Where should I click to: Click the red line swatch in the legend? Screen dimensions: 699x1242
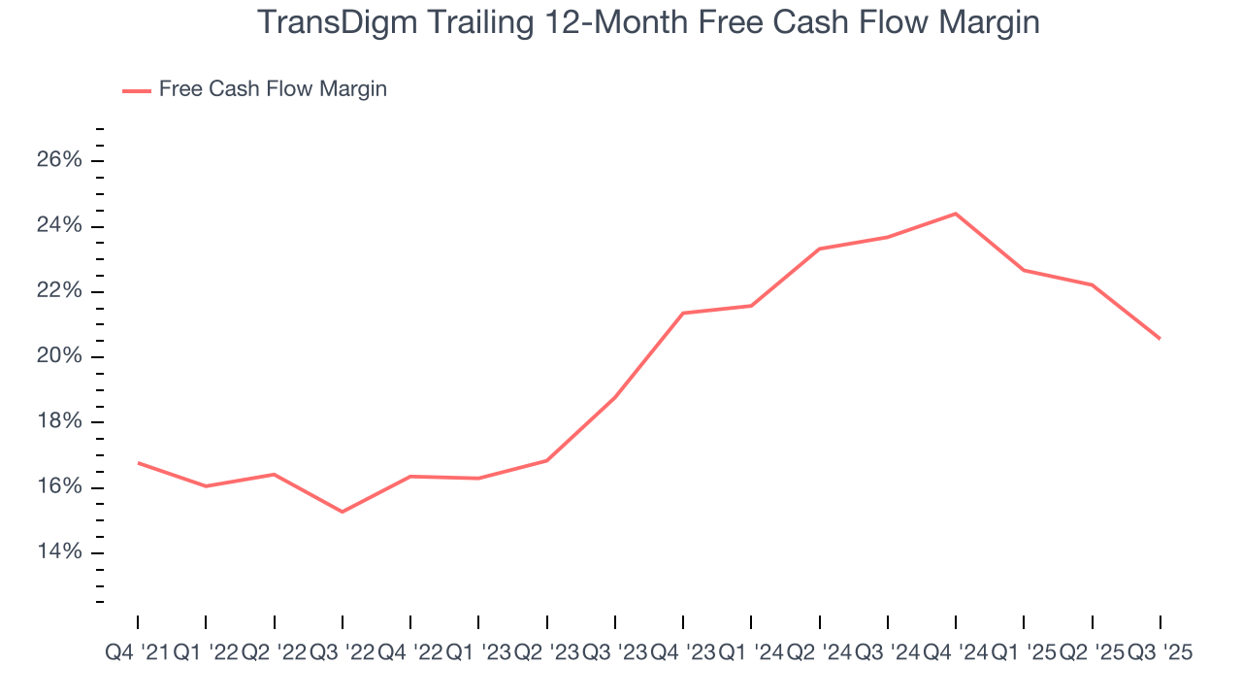pyautogui.click(x=137, y=90)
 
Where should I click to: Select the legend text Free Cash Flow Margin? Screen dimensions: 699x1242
pyautogui.click(x=273, y=89)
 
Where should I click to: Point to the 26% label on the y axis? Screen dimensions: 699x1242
pyautogui.click(x=59, y=160)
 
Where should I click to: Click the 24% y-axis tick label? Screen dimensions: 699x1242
pyautogui.click(x=59, y=226)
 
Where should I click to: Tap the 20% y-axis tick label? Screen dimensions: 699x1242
pyautogui.click(x=59, y=356)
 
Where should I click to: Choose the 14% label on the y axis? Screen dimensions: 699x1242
pyautogui.click(x=59, y=552)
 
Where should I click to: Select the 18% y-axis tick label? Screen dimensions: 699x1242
pyautogui.click(x=59, y=422)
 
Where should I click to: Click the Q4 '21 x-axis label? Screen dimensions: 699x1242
pyautogui.click(x=137, y=653)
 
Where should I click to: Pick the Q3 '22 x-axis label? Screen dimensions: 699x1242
pyautogui.click(x=342, y=653)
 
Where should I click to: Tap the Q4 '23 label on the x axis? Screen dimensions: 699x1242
pyautogui.click(x=683, y=653)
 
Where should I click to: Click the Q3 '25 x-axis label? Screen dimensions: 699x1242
pyautogui.click(x=1160, y=653)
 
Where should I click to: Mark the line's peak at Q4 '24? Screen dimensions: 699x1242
pyautogui.click(x=956, y=214)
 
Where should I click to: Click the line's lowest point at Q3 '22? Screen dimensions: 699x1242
pyautogui.click(x=343, y=512)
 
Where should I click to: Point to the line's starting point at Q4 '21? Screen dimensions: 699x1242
pyautogui.click(x=138, y=463)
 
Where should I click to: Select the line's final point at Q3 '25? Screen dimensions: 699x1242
pyautogui.click(x=1160, y=339)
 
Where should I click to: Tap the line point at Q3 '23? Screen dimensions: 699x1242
pyautogui.click(x=615, y=398)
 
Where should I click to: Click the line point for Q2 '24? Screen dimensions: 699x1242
pyautogui.click(x=820, y=249)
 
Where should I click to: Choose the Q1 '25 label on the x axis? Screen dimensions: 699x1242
pyautogui.click(x=1024, y=653)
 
